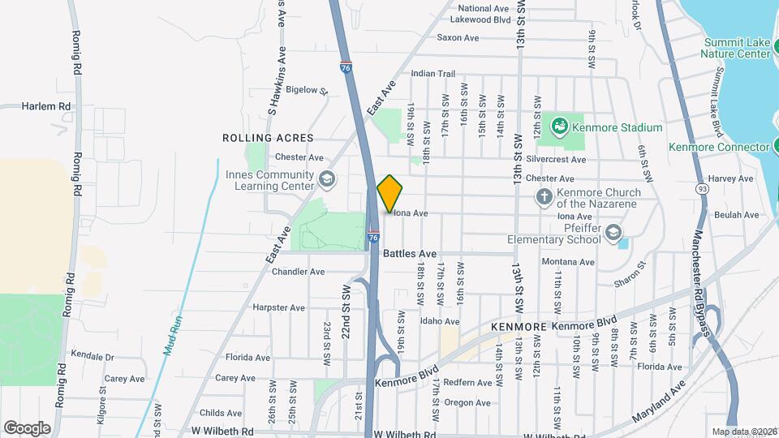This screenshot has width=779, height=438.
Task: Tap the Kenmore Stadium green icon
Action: pyautogui.click(x=558, y=127)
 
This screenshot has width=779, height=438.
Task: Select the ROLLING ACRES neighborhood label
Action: pyautogui.click(x=268, y=138)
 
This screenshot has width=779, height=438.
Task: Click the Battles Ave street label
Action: pyautogui.click(x=409, y=254)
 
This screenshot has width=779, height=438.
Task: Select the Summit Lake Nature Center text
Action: pyautogui.click(x=737, y=48)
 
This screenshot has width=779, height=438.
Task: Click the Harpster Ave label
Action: pyautogui.click(x=278, y=308)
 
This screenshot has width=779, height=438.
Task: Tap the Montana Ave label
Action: pyautogui.click(x=569, y=262)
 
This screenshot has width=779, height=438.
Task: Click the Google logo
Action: pyautogui.click(x=27, y=427)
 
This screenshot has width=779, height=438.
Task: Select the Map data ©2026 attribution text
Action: pyautogui.click(x=743, y=432)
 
